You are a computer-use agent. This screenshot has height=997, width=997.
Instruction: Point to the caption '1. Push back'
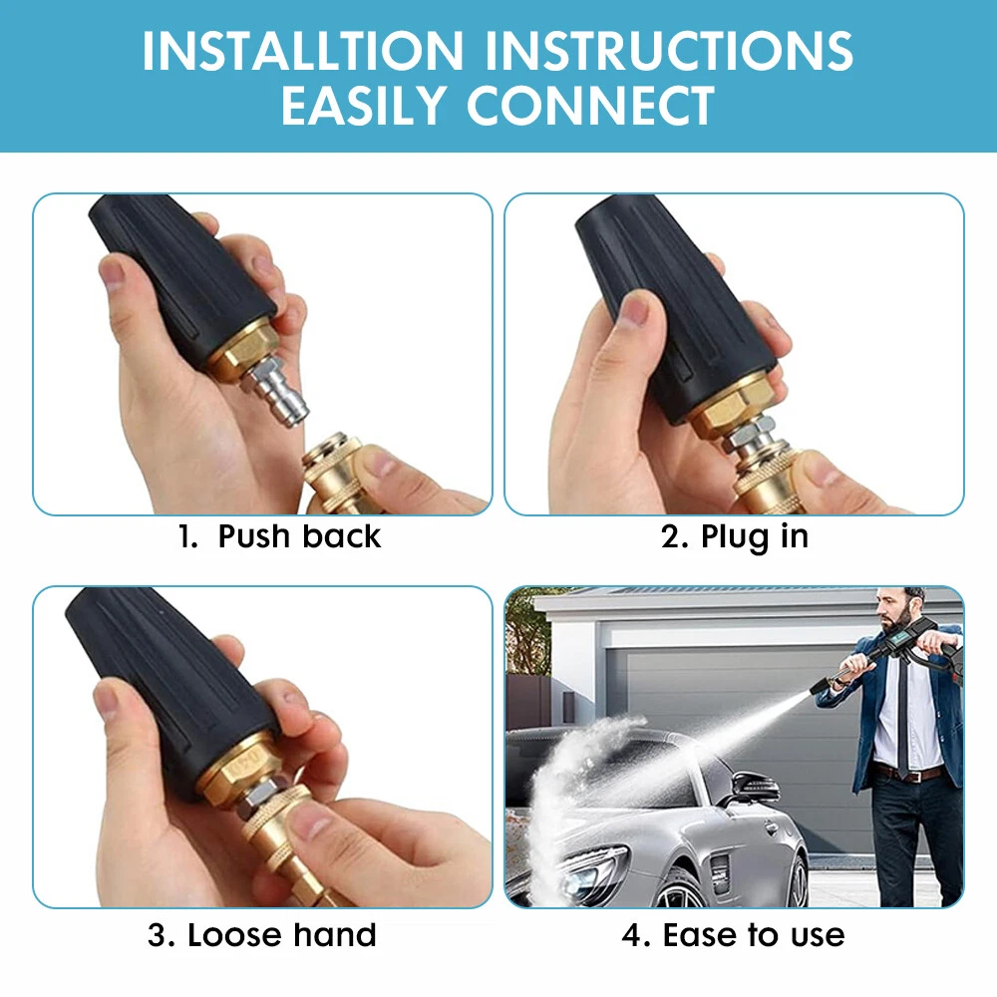pyautogui.click(x=279, y=536)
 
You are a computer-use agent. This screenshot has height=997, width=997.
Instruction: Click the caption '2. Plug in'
pyautogui.click(x=735, y=537)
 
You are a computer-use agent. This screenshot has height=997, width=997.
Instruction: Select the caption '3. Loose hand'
pyautogui.click(x=262, y=935)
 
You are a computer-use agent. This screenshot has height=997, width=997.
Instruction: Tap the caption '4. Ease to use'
pyautogui.click(x=733, y=935)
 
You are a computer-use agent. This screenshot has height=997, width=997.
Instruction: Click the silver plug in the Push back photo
pyautogui.click(x=277, y=392)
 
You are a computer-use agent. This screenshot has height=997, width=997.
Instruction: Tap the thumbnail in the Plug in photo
pyautogui.click(x=634, y=311)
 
